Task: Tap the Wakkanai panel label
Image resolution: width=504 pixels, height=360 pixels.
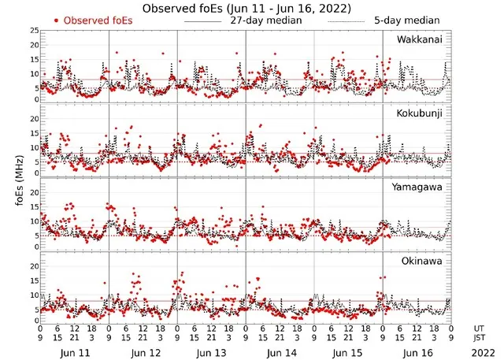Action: pos(419,40)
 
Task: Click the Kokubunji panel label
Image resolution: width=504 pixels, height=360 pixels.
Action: pos(419,114)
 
